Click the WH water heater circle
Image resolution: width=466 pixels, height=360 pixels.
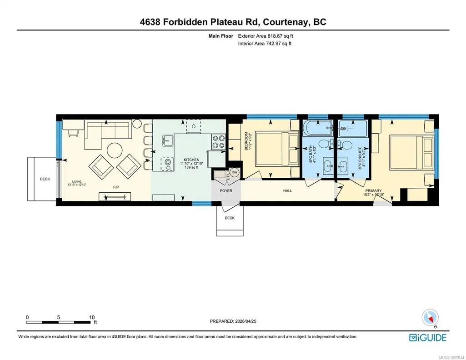pyautogui.click(x=235, y=172)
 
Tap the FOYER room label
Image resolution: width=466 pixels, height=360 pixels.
pyautogui.click(x=226, y=191)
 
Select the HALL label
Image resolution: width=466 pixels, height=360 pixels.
pyautogui.click(x=288, y=191)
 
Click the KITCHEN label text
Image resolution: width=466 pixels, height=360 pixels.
pyautogui.click(x=191, y=160)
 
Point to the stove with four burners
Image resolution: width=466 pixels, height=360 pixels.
pyautogui.click(x=218, y=142)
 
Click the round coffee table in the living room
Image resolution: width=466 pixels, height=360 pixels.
pyautogui.click(x=115, y=150)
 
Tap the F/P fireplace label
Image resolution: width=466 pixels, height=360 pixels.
pyautogui.click(x=116, y=187)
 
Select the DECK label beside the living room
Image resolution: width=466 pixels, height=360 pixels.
pyautogui.click(x=45, y=179)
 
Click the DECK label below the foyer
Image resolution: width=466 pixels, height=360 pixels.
pyautogui.click(x=230, y=218)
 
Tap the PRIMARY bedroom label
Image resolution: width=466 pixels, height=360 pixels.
pyautogui.click(x=374, y=191)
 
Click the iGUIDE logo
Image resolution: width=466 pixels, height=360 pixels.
pyautogui.click(x=428, y=338)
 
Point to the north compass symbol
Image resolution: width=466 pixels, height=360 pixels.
pyautogui.click(x=430, y=318)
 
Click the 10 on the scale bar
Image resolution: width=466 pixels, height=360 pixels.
pyautogui.click(x=92, y=317)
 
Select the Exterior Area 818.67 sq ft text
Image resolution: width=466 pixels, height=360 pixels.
pyautogui.click(x=266, y=36)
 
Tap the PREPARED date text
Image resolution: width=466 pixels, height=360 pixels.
pyautogui.click(x=233, y=321)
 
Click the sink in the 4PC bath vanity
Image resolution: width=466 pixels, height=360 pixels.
pyautogui.click(x=328, y=166)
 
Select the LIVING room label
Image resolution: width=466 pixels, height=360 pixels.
pyautogui.click(x=77, y=181)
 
